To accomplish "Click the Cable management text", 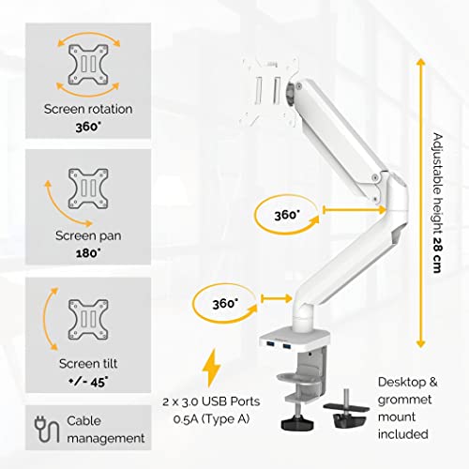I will (x=104, y=428).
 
